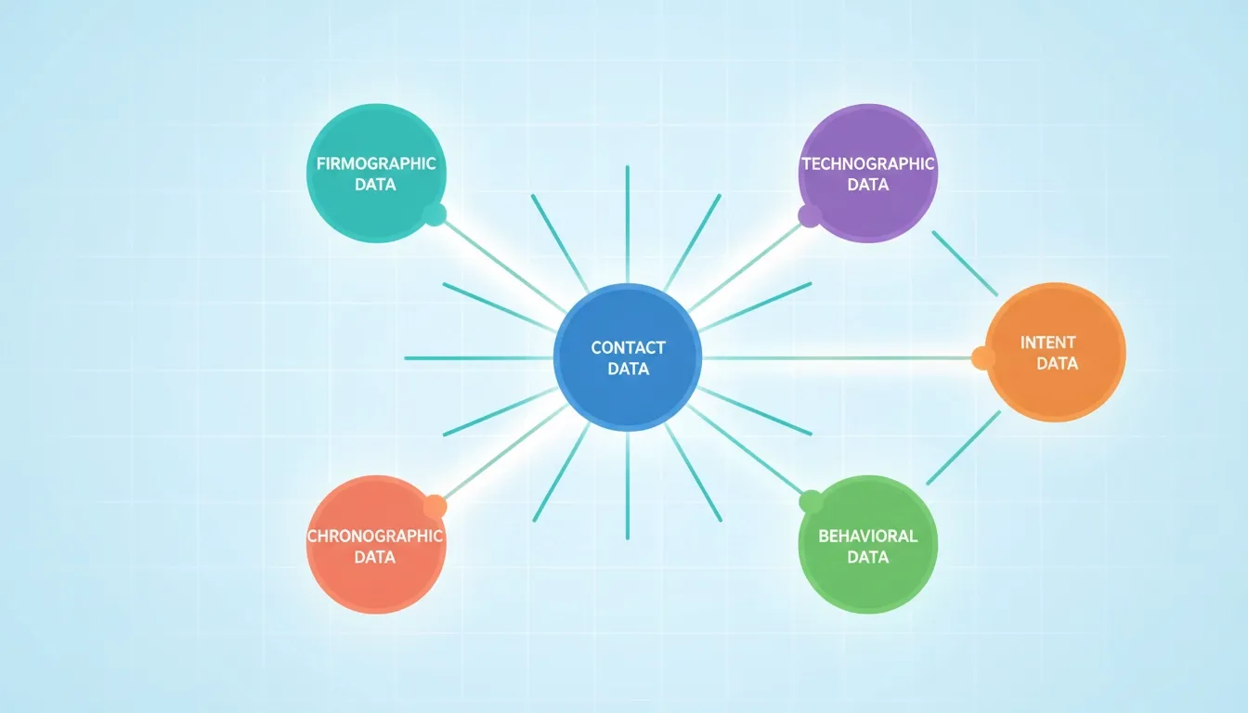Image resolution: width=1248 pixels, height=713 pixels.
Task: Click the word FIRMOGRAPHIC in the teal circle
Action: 376,163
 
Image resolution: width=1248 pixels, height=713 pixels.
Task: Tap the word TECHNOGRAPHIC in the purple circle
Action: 868,163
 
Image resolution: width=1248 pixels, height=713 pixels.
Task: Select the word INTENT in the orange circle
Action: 1048,343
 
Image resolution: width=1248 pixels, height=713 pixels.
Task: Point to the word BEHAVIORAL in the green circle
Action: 868,537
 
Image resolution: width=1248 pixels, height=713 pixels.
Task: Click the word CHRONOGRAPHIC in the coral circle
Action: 375,537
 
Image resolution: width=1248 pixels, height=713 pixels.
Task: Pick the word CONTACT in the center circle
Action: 628,348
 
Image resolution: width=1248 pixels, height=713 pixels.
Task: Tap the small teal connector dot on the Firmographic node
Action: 435,214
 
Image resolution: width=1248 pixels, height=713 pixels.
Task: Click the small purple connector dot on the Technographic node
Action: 810,216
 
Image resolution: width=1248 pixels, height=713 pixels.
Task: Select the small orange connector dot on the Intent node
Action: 983,357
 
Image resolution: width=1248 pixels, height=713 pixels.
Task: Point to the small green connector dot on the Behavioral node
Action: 812,502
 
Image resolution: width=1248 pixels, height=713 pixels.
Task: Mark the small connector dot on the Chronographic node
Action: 435,506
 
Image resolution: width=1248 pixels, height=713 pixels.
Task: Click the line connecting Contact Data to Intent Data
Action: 838,358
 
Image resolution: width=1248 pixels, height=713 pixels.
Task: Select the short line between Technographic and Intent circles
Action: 965,264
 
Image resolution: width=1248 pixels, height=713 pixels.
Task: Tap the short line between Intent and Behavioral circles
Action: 964,447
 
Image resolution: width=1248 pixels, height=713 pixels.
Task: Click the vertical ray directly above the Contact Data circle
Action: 628,225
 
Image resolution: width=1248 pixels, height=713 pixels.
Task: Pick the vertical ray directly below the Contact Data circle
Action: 628,486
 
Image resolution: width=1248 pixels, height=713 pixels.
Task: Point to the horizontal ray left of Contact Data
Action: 478,358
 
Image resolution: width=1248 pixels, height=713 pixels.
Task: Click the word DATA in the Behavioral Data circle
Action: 868,558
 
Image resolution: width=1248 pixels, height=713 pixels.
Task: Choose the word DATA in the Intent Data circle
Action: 1057,364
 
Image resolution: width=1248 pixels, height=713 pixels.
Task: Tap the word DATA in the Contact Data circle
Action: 629,369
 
